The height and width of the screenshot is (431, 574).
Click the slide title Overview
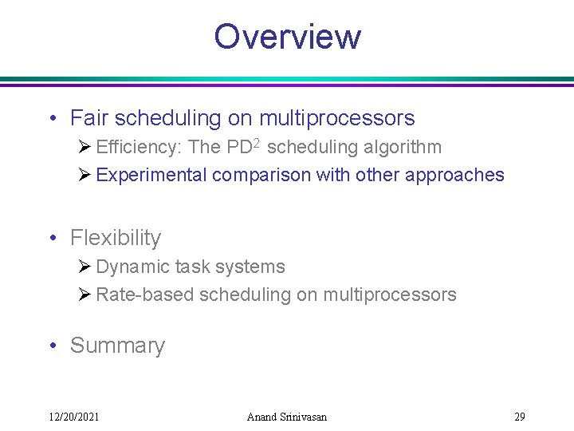287,37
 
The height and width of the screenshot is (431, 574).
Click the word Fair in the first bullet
89,119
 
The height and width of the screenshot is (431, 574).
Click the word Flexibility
116,238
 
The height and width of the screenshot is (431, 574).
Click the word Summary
117,346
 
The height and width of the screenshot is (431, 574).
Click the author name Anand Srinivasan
287,417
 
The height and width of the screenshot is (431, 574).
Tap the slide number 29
519,417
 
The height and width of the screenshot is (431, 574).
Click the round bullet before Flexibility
52,239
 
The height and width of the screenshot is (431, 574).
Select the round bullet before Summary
52,346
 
